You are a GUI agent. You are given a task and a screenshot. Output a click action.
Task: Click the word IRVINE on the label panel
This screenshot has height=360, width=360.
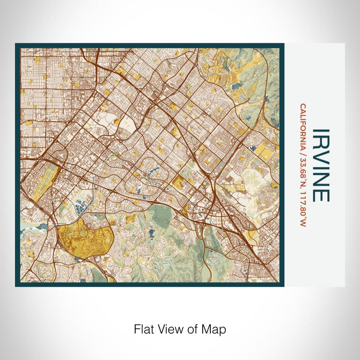(320, 165)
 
